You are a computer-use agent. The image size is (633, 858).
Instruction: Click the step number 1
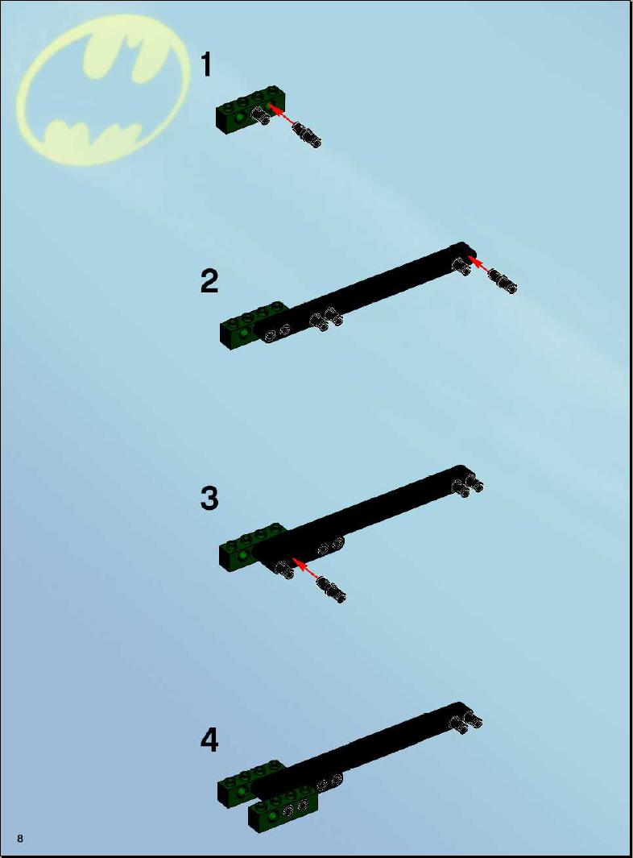(x=206, y=64)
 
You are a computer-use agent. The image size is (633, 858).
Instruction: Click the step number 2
(x=209, y=281)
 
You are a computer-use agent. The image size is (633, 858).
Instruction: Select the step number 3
(x=209, y=499)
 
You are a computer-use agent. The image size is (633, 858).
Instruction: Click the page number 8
(x=20, y=839)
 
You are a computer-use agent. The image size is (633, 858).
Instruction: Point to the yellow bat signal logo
(x=103, y=89)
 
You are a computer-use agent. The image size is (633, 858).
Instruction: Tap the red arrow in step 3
(x=306, y=569)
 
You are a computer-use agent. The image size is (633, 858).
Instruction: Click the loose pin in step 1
(x=306, y=135)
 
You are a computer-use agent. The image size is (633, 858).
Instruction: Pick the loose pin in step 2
(x=503, y=280)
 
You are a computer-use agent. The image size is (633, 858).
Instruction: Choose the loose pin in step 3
(x=331, y=590)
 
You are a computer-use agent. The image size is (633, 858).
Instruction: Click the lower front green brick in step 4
(x=283, y=809)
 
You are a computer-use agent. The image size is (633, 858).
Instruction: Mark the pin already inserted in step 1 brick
(x=259, y=116)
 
